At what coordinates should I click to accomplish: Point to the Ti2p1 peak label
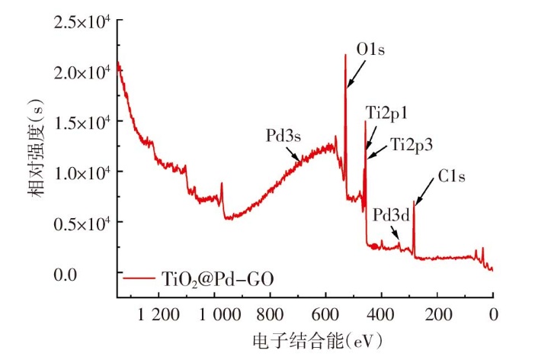click(386, 112)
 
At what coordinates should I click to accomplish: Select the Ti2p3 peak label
click(409, 143)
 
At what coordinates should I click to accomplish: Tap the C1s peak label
click(451, 175)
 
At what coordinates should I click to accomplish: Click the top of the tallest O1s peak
click(345, 55)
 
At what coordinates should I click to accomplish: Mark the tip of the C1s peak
click(414, 202)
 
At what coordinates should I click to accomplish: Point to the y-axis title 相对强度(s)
click(37, 150)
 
